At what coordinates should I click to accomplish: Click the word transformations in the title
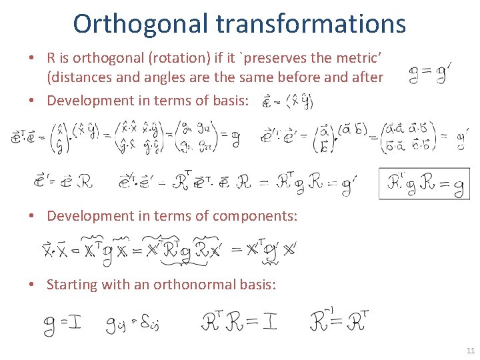[x=311, y=23]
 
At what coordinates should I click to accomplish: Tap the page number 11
[x=471, y=351]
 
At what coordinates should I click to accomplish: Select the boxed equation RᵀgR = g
[x=423, y=183]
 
